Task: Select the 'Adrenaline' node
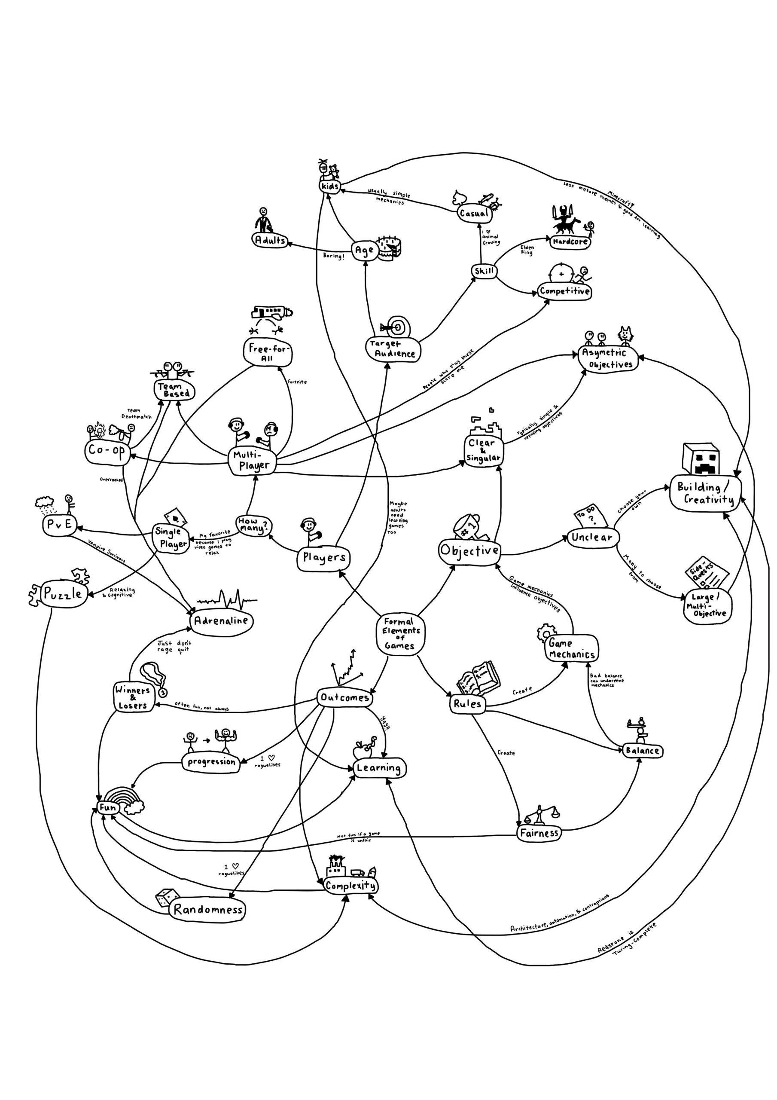(222, 621)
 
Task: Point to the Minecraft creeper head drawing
(705, 457)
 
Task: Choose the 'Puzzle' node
(61, 595)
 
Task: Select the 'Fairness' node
(539, 833)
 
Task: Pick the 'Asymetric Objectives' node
(607, 359)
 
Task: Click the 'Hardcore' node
(570, 242)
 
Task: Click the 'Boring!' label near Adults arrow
(333, 257)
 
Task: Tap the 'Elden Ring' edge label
(527, 250)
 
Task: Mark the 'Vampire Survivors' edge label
(107, 550)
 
